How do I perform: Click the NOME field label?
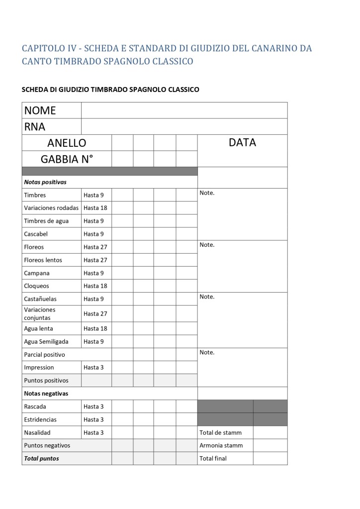click(x=40, y=110)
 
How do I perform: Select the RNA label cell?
click(x=35, y=126)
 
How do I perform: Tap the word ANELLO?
click(x=67, y=143)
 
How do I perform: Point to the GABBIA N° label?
click(x=67, y=159)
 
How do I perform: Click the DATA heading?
click(x=242, y=143)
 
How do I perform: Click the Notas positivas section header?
click(x=45, y=182)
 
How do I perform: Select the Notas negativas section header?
click(x=46, y=394)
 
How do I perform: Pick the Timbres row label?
click(x=35, y=195)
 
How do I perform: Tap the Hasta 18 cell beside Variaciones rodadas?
click(x=95, y=208)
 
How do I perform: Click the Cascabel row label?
click(x=36, y=234)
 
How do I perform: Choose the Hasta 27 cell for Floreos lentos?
click(x=95, y=260)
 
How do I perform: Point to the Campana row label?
click(x=37, y=273)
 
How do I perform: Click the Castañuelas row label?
click(x=40, y=299)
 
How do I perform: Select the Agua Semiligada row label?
click(x=46, y=342)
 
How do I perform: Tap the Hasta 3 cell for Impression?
click(x=93, y=368)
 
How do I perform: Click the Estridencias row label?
click(x=40, y=419)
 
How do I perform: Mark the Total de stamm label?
click(x=220, y=433)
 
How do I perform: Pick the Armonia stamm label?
click(x=221, y=446)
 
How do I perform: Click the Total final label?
click(x=213, y=459)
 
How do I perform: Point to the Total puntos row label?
click(x=41, y=459)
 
